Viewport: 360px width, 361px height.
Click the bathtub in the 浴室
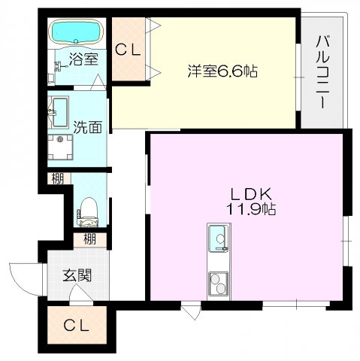pyautogui.click(x=77, y=32)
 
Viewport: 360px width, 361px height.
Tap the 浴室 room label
pyautogui.click(x=83, y=59)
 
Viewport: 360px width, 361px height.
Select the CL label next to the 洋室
pyautogui.click(x=128, y=50)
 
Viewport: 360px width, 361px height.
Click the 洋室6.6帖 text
pyautogui.click(x=222, y=71)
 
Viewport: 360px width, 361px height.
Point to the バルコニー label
pyautogui.click(x=322, y=72)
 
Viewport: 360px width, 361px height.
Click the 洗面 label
pyautogui.click(x=87, y=127)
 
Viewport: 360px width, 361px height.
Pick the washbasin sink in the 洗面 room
pyautogui.click(x=60, y=112)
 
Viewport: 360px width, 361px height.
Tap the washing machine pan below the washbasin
pyautogui.click(x=60, y=147)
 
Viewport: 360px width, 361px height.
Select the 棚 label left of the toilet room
pyautogui.click(x=58, y=179)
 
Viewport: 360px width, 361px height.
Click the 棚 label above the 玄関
pyautogui.click(x=89, y=238)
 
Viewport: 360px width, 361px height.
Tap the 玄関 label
pyautogui.click(x=77, y=275)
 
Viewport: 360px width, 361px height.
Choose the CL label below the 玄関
pyautogui.click(x=76, y=326)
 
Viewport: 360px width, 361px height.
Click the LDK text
pyautogui.click(x=251, y=194)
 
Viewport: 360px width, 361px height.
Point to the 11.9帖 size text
pyautogui.click(x=251, y=209)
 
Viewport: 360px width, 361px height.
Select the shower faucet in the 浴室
pyautogui.click(x=60, y=66)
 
